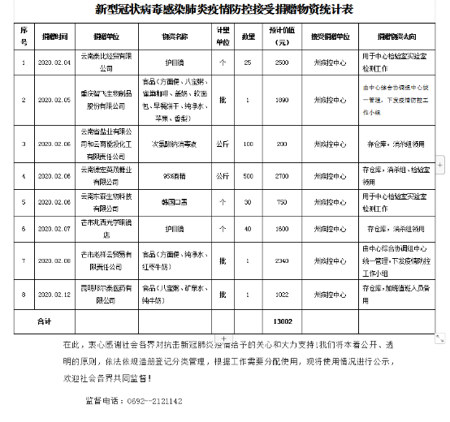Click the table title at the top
(224, 10)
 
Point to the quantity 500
(247, 174)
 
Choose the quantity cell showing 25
(247, 62)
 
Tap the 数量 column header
(247, 37)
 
